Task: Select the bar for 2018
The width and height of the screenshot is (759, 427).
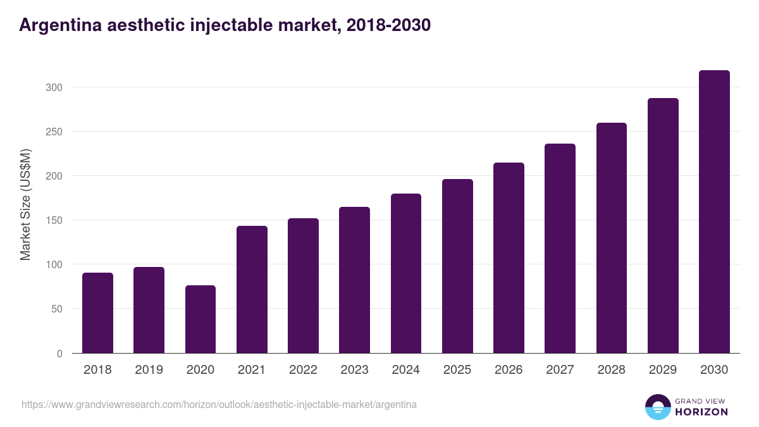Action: [x=97, y=313]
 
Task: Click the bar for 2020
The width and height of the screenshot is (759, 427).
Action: [x=201, y=319]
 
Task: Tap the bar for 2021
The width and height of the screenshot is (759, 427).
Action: [x=252, y=290]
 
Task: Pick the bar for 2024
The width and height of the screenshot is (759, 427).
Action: [x=406, y=273]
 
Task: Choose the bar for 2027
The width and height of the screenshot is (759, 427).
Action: [x=560, y=249]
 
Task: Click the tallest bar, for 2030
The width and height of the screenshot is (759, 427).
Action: [x=714, y=212]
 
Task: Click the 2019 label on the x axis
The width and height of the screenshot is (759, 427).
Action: [x=149, y=370]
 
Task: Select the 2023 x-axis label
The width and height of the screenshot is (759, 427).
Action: [x=354, y=370]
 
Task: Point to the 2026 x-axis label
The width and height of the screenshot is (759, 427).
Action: [x=509, y=370]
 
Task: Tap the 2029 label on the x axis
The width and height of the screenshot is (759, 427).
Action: [x=663, y=370]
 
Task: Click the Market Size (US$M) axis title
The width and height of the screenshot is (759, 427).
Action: [x=25, y=204]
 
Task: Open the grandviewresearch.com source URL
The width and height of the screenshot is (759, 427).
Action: [x=219, y=404]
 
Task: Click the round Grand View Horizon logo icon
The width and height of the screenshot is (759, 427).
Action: [x=657, y=407]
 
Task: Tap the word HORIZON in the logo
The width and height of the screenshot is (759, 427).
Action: [x=701, y=412]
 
